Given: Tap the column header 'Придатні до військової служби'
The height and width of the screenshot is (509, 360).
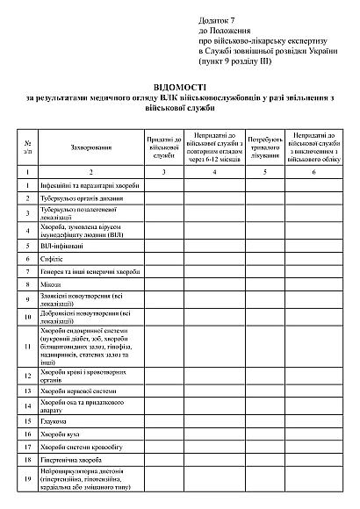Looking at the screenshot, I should tap(163, 147).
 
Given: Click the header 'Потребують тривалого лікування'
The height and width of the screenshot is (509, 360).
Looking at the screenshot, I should tap(265, 147).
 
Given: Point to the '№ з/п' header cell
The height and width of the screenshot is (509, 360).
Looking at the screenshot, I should tap(29, 147).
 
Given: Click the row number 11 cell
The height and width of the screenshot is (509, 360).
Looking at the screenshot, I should tap(29, 347).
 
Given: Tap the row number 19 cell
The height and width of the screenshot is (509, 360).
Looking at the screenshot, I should tap(29, 478).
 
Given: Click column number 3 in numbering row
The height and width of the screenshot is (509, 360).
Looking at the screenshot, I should tap(163, 173).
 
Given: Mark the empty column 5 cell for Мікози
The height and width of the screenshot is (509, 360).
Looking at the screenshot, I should tap(265, 285).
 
